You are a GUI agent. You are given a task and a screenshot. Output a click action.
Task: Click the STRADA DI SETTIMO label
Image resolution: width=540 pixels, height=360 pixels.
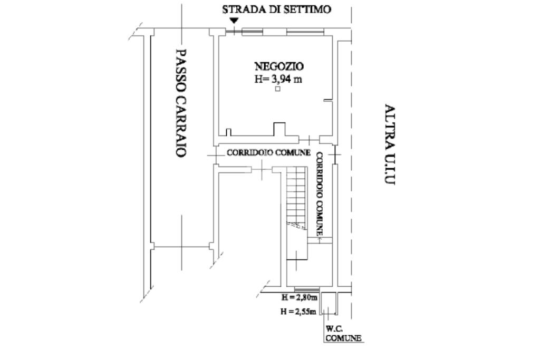(276, 9)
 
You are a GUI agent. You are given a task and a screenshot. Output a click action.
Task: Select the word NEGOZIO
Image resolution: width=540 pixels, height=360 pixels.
(279, 66)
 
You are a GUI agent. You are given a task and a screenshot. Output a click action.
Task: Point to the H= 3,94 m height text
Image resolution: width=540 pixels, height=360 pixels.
(279, 80)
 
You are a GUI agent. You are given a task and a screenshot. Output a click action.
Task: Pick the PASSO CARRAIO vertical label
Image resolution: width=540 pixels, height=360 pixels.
(180, 103)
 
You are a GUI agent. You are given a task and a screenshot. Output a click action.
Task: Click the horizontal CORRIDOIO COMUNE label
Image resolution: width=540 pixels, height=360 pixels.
(268, 153)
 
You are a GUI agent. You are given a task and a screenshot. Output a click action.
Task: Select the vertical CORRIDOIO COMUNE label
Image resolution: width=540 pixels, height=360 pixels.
(320, 193)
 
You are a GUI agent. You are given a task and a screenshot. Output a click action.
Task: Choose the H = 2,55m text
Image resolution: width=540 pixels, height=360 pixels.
(298, 312)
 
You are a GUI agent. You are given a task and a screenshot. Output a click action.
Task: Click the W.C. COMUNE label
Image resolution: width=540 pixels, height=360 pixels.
(343, 334)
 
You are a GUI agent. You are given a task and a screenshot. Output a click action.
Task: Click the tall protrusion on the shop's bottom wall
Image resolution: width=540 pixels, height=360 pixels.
(278, 130)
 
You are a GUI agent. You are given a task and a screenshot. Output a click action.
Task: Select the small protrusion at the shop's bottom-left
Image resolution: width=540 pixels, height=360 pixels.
(228, 132)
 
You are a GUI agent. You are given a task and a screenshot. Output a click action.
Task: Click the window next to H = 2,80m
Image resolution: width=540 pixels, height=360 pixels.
(306, 290)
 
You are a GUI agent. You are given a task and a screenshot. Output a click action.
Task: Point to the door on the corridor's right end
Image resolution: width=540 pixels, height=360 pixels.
(335, 154)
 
